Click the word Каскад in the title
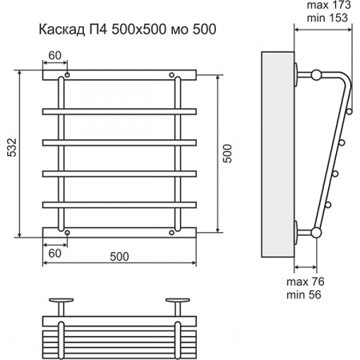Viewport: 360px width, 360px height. tap(62, 30)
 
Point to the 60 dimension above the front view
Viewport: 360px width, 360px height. tap(54, 54)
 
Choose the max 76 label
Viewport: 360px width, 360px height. tap(303, 282)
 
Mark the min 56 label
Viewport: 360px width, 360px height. tap(303, 295)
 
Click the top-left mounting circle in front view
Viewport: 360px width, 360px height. tap(67, 77)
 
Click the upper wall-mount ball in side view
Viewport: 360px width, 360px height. tap(316, 76)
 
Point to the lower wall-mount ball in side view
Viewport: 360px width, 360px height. tap(316, 233)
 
